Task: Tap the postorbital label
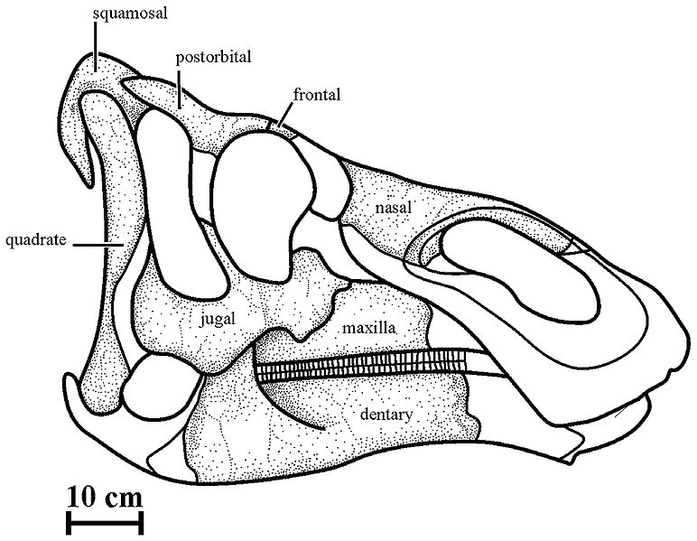tap(213, 58)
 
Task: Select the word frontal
tap(317, 94)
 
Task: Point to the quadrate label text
tap(35, 240)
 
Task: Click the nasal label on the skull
tap(394, 207)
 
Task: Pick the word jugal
tap(218, 319)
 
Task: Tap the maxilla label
tap(369, 328)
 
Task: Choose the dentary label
tap(386, 415)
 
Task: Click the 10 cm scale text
tap(105, 497)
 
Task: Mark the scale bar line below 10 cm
tap(105, 523)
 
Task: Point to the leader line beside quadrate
tap(98, 245)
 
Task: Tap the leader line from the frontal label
tap(284, 115)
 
